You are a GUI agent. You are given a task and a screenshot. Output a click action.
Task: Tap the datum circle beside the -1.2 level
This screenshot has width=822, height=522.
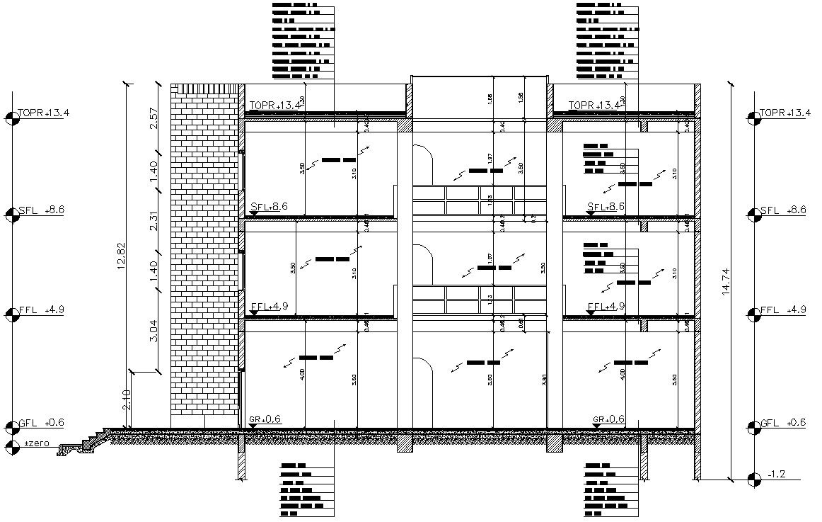[753, 480]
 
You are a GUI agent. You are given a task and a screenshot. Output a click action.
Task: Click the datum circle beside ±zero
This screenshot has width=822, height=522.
[11, 446]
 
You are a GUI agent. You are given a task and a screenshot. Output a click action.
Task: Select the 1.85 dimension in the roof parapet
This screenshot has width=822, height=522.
[490, 99]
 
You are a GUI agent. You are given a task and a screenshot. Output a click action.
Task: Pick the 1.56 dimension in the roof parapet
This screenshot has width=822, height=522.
[521, 97]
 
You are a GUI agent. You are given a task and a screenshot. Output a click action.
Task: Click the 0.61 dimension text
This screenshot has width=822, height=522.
[521, 324]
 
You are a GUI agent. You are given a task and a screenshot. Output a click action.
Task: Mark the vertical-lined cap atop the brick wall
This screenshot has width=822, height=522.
[206, 89]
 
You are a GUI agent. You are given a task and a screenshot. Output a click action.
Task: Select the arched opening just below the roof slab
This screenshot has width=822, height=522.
[422, 164]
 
